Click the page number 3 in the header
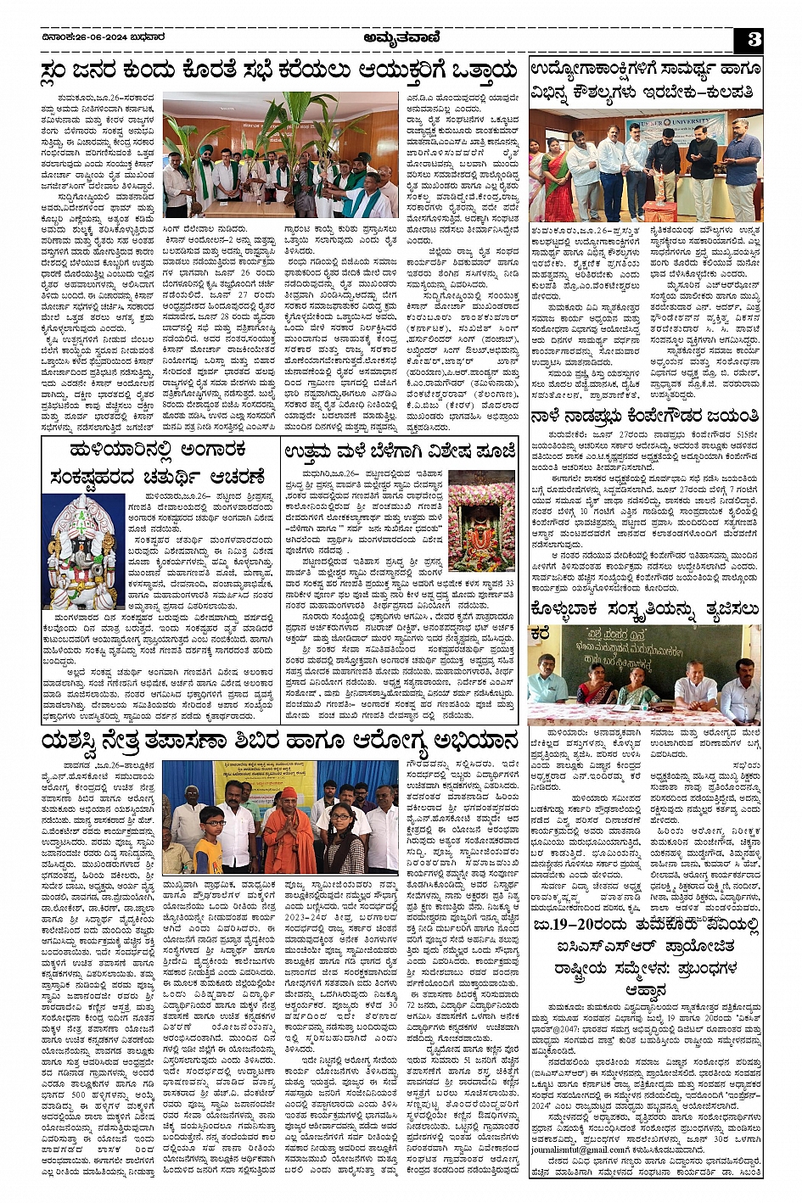pos(754,38)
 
